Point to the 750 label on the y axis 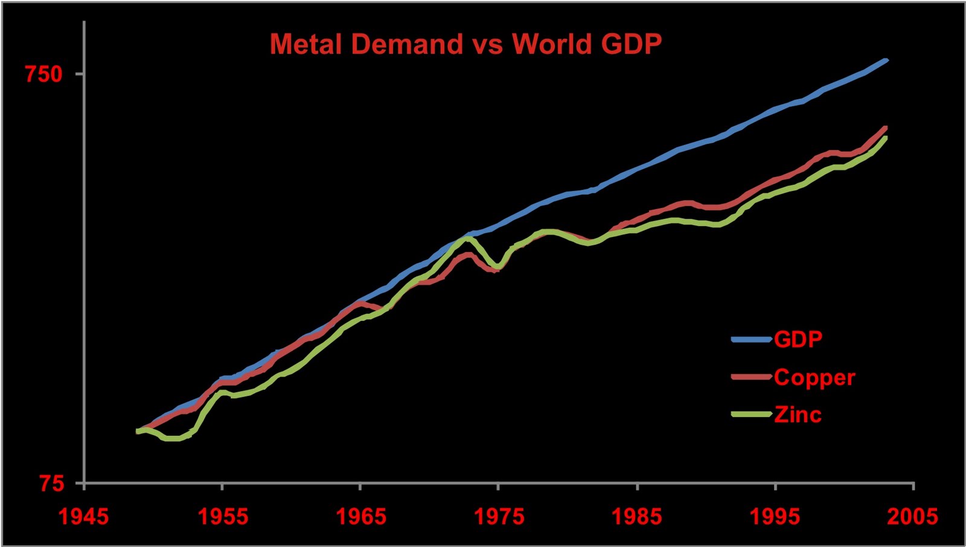click(43, 74)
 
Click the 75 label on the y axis click(51, 483)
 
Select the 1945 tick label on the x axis click(83, 516)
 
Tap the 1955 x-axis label click(222, 516)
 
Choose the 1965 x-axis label click(360, 516)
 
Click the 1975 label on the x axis click(498, 516)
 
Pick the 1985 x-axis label click(637, 516)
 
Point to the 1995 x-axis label click(775, 516)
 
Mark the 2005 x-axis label click(913, 516)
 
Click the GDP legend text click(798, 339)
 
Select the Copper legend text click(814, 377)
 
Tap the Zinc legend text click(798, 415)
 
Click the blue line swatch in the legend click(751, 339)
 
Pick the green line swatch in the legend click(751, 415)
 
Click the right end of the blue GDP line click(886, 59)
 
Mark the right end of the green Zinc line click(886, 138)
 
